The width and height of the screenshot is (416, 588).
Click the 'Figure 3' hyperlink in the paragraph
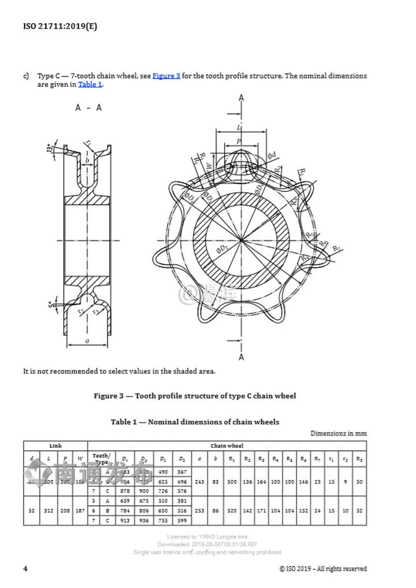166,76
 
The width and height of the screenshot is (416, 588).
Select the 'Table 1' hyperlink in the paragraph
90,84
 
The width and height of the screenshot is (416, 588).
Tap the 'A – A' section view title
88,108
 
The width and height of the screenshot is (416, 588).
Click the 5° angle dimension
50,304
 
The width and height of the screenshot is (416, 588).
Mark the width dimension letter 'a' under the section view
87,341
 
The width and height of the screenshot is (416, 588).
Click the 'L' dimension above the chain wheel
239,127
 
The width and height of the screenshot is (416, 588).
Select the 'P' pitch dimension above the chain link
239,141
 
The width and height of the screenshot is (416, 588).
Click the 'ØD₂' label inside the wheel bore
222,249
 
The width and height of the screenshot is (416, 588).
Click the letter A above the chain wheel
241,98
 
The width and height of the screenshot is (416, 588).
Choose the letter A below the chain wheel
241,357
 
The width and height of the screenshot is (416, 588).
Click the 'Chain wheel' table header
226,445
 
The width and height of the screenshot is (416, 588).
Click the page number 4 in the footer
25,568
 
